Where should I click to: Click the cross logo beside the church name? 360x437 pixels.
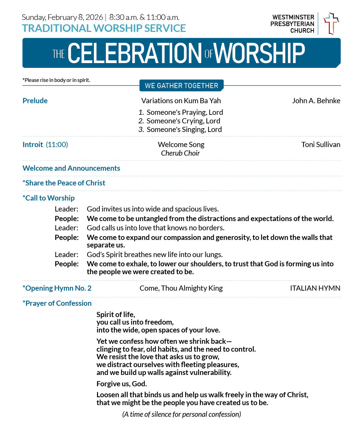click(331, 23)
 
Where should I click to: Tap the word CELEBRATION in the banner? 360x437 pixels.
click(135, 53)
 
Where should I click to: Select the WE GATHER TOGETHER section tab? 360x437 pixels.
click(181, 86)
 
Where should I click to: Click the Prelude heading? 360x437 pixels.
click(35, 101)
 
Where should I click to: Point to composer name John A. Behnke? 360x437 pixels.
click(316, 101)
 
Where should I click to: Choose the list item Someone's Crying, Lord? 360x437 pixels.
click(183, 121)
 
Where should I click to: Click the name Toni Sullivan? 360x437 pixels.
click(321, 145)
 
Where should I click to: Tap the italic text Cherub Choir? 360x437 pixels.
click(180, 153)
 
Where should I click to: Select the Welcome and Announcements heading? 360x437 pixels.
click(71, 168)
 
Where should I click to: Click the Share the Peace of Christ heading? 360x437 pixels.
click(64, 183)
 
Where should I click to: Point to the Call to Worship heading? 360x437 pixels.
click(49, 198)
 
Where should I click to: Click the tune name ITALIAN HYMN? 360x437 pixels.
click(315, 288)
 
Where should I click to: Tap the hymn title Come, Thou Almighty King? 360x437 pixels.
click(181, 288)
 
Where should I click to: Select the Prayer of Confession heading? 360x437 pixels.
click(57, 303)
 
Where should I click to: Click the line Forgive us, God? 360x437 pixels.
click(122, 384)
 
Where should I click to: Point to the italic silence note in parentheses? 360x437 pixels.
click(181, 414)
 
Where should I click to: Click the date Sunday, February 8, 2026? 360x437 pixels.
click(62, 17)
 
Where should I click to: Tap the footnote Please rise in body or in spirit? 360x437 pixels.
click(57, 80)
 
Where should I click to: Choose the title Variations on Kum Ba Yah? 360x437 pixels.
click(181, 101)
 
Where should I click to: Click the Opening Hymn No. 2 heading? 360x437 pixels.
click(57, 288)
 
